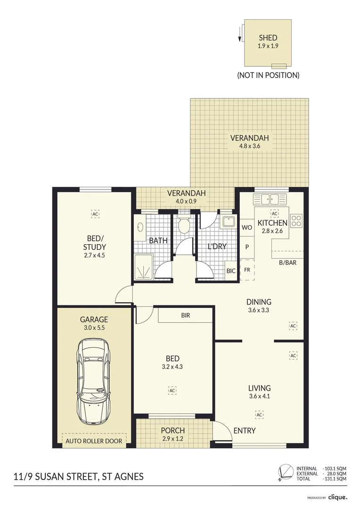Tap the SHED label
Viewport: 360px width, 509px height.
pyautogui.click(x=268, y=38)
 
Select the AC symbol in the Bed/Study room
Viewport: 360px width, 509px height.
pyautogui.click(x=95, y=214)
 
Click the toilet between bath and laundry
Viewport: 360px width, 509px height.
pyautogui.click(x=184, y=224)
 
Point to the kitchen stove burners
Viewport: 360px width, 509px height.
pyautogui.click(x=296, y=221)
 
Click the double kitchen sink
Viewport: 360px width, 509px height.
pyautogui.click(x=271, y=198)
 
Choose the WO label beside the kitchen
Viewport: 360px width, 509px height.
pyautogui.click(x=247, y=228)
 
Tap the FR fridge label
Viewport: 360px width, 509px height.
pyautogui.click(x=247, y=270)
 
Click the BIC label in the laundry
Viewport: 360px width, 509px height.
pyautogui.click(x=231, y=271)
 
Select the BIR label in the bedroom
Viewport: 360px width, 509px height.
pyautogui.click(x=186, y=315)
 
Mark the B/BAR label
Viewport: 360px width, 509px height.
pyautogui.click(x=287, y=263)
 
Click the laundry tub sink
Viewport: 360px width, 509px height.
pyautogui.click(x=229, y=222)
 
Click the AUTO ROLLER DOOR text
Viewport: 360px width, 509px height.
pyautogui.click(x=94, y=441)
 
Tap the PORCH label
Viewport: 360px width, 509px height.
pyautogui.click(x=172, y=430)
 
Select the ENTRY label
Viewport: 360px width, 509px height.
pyautogui.click(x=245, y=430)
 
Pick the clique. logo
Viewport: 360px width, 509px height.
pyautogui.click(x=337, y=497)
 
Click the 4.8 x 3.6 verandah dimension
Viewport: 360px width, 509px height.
pyautogui.click(x=250, y=146)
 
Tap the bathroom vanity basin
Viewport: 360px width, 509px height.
pyautogui.click(x=140, y=227)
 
